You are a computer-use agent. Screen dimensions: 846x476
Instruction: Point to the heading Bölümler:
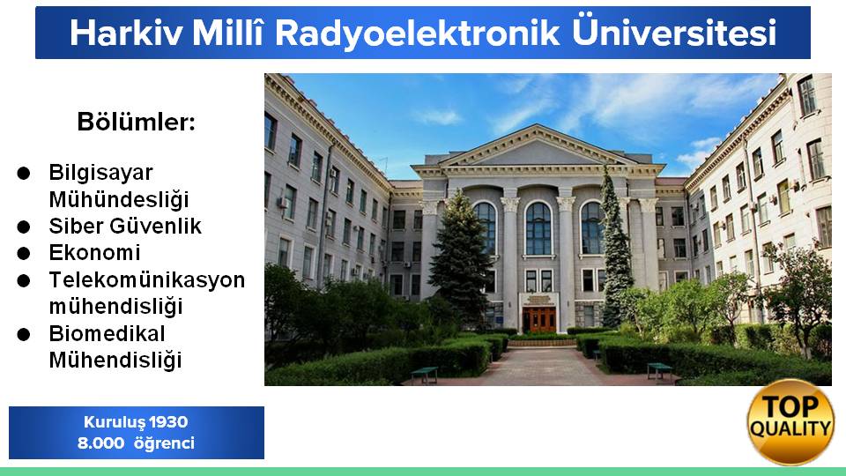(136, 122)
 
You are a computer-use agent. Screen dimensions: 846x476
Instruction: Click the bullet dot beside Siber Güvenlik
(23, 227)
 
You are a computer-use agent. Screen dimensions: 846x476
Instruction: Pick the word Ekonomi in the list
(95, 253)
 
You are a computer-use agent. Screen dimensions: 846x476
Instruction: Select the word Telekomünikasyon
(147, 279)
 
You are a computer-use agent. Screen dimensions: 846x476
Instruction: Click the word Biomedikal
(107, 333)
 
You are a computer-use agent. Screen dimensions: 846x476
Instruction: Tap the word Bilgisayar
(100, 174)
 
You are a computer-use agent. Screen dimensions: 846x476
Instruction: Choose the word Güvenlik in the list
(155, 227)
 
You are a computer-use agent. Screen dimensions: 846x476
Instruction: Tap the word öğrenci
(164, 444)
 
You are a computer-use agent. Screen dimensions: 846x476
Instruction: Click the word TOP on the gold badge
(790, 406)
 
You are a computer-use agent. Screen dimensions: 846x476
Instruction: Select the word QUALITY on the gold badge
(790, 429)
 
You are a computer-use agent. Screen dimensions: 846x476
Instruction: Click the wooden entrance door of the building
(539, 319)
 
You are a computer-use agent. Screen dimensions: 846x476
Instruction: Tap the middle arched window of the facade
(538, 228)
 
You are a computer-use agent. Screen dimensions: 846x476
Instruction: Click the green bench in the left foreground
(425, 375)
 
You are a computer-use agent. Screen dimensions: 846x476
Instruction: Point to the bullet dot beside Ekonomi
(23, 253)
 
